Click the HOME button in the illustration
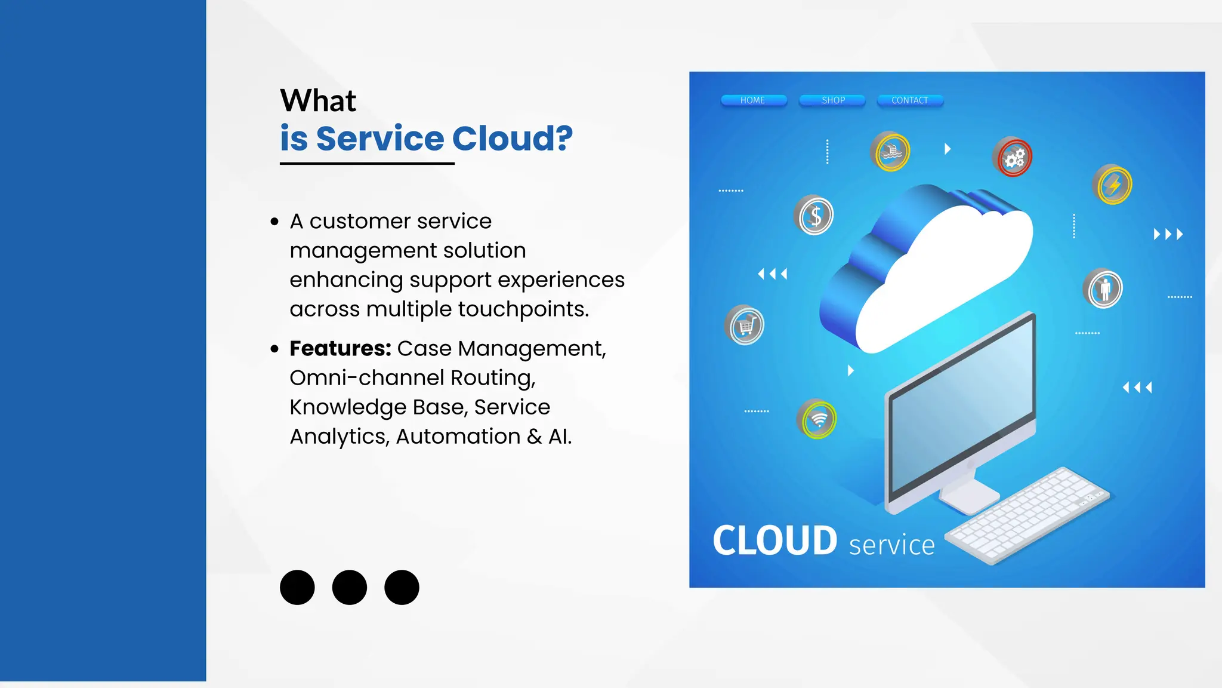pyautogui.click(x=753, y=100)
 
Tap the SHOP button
pyautogui.click(x=833, y=100)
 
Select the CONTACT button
pyautogui.click(x=910, y=100)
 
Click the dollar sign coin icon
pyautogui.click(x=814, y=216)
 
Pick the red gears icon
pyautogui.click(x=1013, y=158)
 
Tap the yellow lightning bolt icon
pyautogui.click(x=1113, y=185)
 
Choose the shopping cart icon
pyautogui.click(x=745, y=326)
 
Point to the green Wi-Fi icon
pyautogui.click(x=817, y=419)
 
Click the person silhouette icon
pyautogui.click(x=1104, y=289)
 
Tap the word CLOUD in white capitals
pyautogui.click(x=775, y=541)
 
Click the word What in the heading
pyautogui.click(x=318, y=100)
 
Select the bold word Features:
pyautogui.click(x=340, y=348)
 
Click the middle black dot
pyautogui.click(x=350, y=587)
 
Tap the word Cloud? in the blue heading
pyautogui.click(x=512, y=139)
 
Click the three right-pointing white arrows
pyautogui.click(x=1168, y=234)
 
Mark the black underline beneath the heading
pyautogui.click(x=367, y=163)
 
